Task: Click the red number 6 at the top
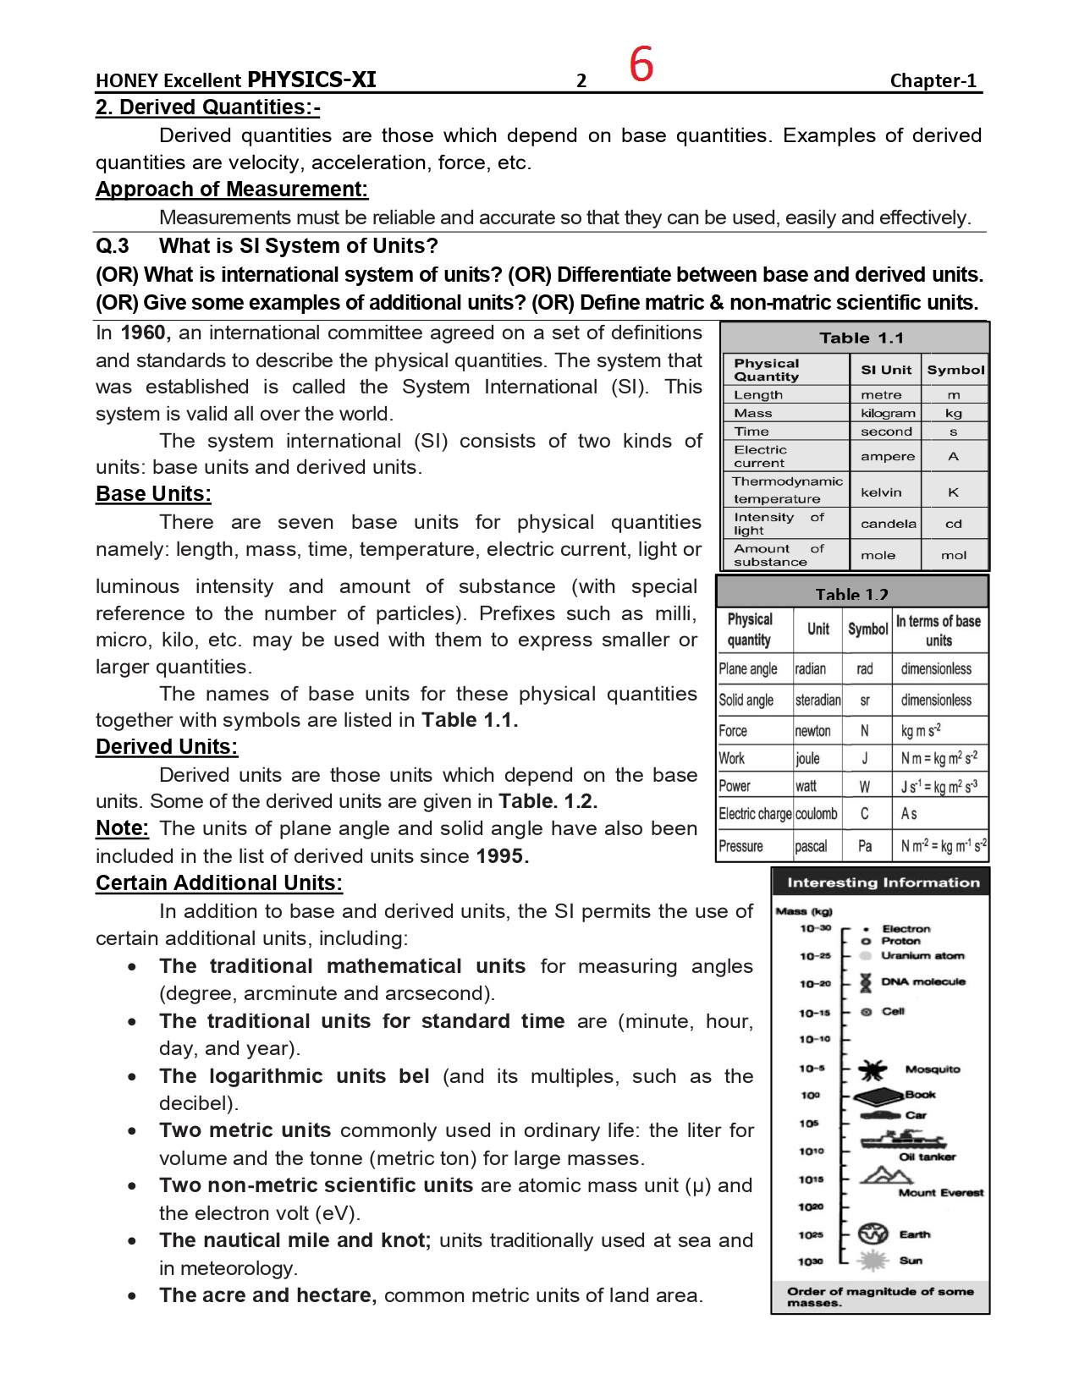point(641,64)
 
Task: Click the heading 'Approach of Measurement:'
point(232,190)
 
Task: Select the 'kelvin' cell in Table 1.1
point(881,492)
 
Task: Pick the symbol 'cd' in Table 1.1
point(954,524)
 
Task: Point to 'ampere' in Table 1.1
point(888,457)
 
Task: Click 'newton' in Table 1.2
point(813,731)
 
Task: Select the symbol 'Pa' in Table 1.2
point(865,846)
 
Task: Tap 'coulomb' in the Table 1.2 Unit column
point(817,814)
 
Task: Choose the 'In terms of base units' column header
point(939,630)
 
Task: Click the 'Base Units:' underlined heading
point(153,494)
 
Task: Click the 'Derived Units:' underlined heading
point(167,747)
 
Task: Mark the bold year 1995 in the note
point(502,856)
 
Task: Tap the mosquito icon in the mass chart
point(872,1070)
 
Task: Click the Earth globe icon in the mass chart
point(873,1234)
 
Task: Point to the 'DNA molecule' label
point(923,982)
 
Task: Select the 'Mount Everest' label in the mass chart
point(941,1193)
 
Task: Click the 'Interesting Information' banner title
point(883,882)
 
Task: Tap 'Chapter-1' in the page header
point(933,80)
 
